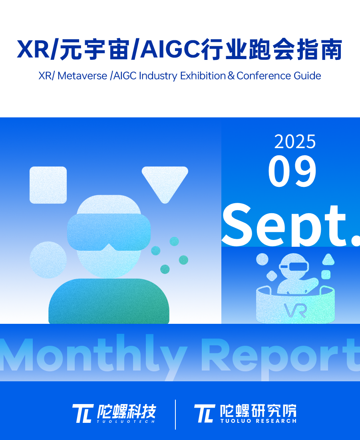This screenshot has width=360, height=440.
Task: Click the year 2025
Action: click(x=295, y=141)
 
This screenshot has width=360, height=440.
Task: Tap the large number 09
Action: click(x=292, y=171)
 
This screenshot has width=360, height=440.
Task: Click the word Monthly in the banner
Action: click(x=93, y=355)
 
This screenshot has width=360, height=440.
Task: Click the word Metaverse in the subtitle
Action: click(x=82, y=76)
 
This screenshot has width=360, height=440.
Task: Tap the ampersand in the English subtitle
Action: click(x=231, y=76)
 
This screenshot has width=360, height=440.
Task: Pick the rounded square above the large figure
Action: click(x=48, y=185)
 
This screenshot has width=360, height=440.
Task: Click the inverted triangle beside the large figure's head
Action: click(x=165, y=183)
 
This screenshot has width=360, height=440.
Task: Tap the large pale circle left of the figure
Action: click(x=48, y=260)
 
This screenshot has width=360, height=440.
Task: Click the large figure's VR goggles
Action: click(x=109, y=232)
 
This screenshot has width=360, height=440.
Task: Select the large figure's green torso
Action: click(x=109, y=301)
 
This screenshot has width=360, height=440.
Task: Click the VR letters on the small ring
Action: click(x=295, y=310)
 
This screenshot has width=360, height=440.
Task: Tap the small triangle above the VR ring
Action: click(x=328, y=259)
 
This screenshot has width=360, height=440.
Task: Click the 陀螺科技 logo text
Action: click(x=126, y=411)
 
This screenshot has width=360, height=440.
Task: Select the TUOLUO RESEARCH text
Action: click(x=259, y=421)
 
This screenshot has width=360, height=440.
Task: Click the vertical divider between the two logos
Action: click(x=175, y=414)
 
